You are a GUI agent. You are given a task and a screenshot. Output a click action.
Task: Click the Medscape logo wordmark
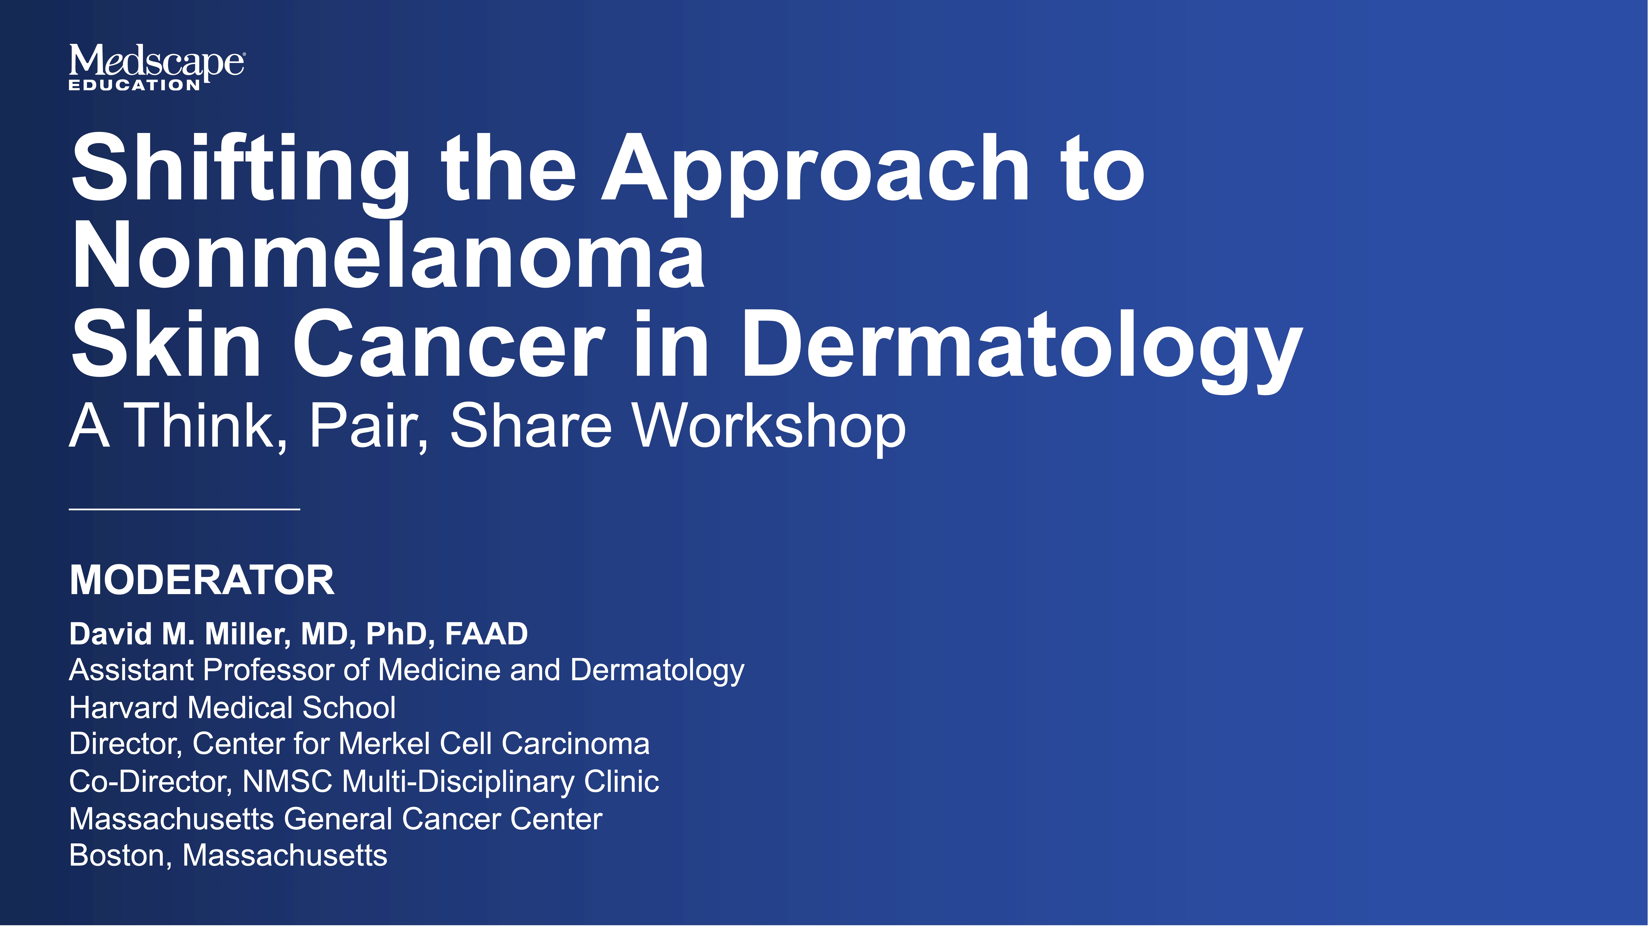[156, 62]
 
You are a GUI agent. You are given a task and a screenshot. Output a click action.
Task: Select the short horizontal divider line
[184, 509]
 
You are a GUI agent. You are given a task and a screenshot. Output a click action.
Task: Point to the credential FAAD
[487, 634]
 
